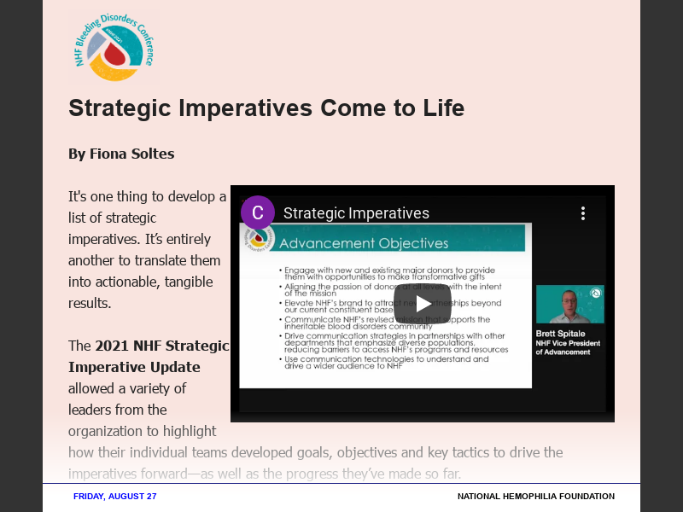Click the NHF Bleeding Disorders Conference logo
click(x=114, y=47)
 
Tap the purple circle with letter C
click(x=258, y=212)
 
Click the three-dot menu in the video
click(x=583, y=213)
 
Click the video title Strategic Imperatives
click(x=356, y=213)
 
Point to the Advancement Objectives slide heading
click(x=364, y=243)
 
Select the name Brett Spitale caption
click(x=561, y=334)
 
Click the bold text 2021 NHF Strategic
click(x=161, y=346)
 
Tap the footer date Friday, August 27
click(x=115, y=496)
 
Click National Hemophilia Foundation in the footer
click(x=535, y=496)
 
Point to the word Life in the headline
click(x=442, y=108)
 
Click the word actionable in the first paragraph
click(x=126, y=282)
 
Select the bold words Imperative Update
click(x=134, y=367)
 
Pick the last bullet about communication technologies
click(x=384, y=362)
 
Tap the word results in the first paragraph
click(x=90, y=303)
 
